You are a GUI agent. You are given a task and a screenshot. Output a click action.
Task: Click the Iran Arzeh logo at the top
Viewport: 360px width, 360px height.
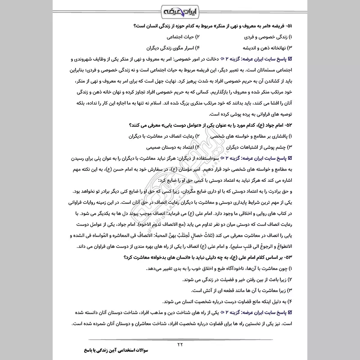(180, 9)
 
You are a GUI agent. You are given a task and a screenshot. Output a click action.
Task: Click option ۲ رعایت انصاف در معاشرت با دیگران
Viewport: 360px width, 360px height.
(157, 135)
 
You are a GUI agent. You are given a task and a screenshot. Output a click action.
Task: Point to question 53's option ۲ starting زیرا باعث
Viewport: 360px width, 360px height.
(227, 279)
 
